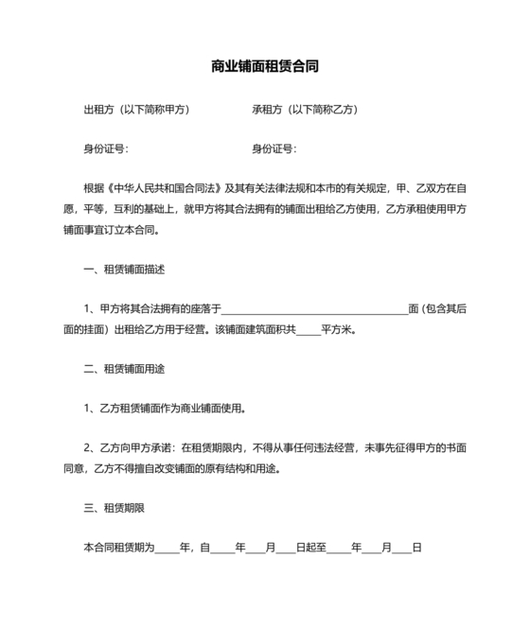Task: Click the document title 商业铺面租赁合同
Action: [265, 67]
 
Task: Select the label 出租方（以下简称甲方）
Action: [137, 110]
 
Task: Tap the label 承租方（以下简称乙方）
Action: [305, 110]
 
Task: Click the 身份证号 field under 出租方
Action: [107, 149]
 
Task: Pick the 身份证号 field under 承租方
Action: [274, 149]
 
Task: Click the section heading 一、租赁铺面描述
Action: [124, 270]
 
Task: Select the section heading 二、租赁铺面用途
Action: [124, 368]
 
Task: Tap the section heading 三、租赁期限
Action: [114, 508]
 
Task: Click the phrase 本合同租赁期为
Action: [118, 548]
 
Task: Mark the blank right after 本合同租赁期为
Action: [167, 549]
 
